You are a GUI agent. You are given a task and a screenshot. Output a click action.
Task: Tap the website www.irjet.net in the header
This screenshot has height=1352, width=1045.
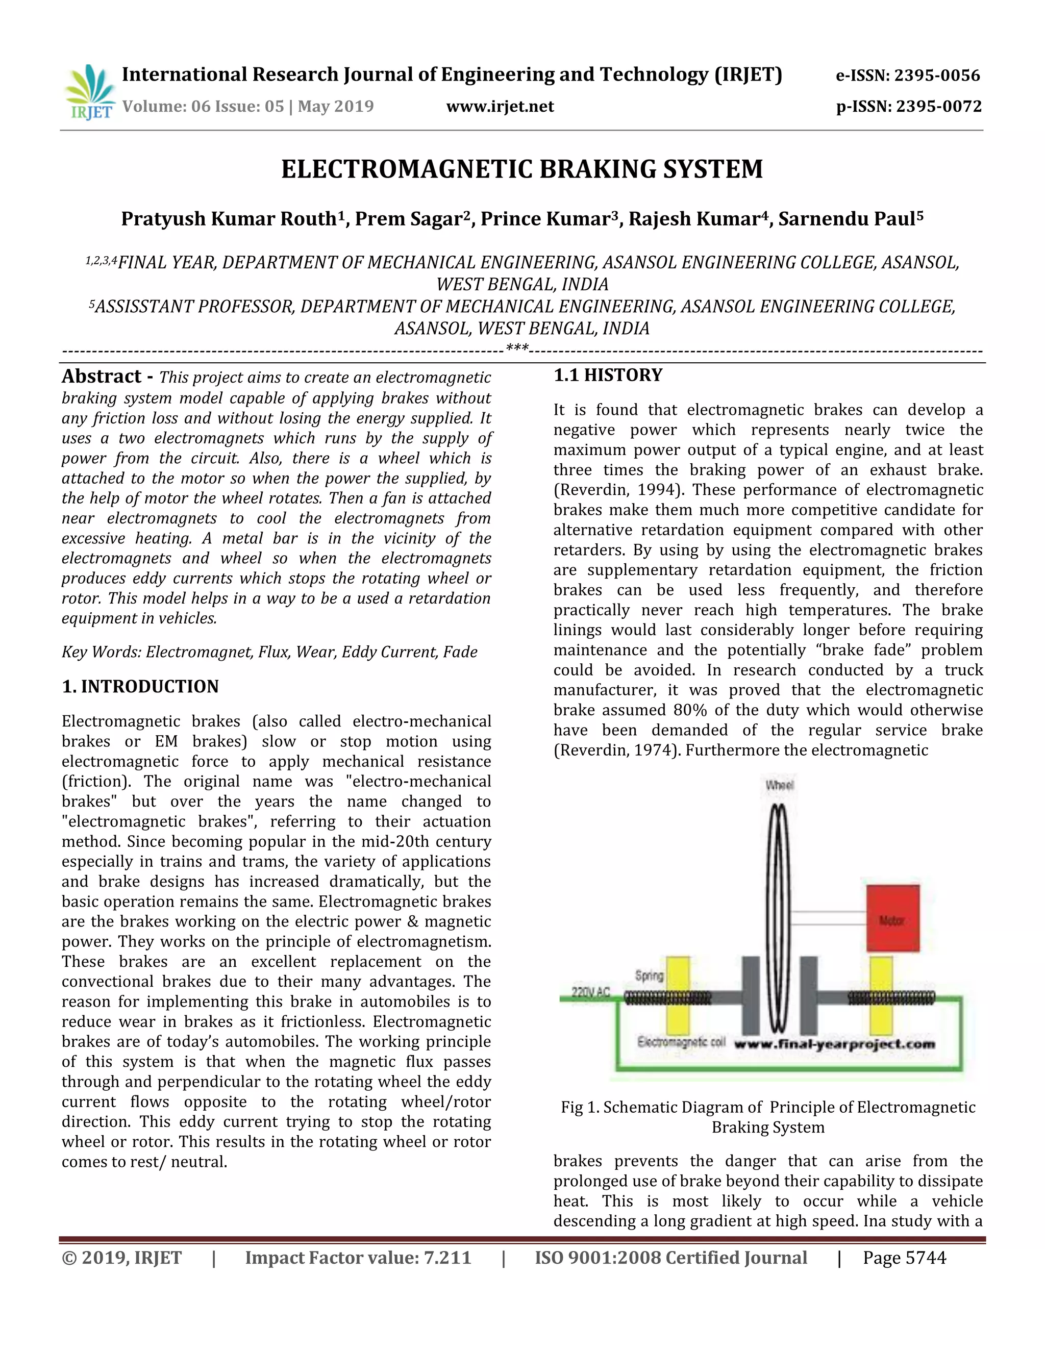pyautogui.click(x=500, y=107)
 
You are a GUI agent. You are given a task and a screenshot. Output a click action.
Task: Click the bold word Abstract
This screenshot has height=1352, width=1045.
pyautogui.click(x=102, y=377)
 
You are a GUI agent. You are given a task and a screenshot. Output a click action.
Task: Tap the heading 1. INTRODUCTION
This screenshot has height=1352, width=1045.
pyautogui.click(x=140, y=687)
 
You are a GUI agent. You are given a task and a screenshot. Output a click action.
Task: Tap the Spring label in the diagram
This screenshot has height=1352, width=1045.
pyautogui.click(x=649, y=975)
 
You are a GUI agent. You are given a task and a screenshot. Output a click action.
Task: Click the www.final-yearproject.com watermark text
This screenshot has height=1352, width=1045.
pyautogui.click(x=834, y=1044)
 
